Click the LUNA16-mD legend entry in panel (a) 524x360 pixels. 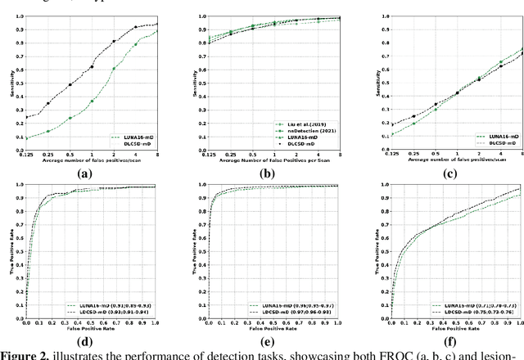pos(136,137)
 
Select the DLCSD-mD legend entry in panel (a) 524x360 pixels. pos(136,144)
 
